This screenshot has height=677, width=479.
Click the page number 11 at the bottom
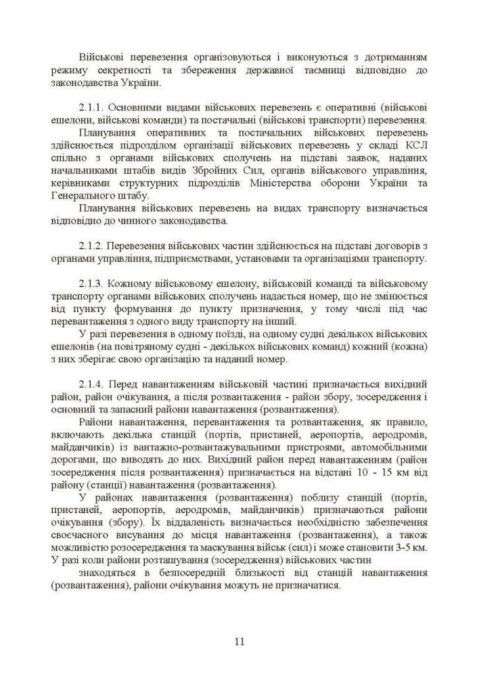[239, 642]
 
